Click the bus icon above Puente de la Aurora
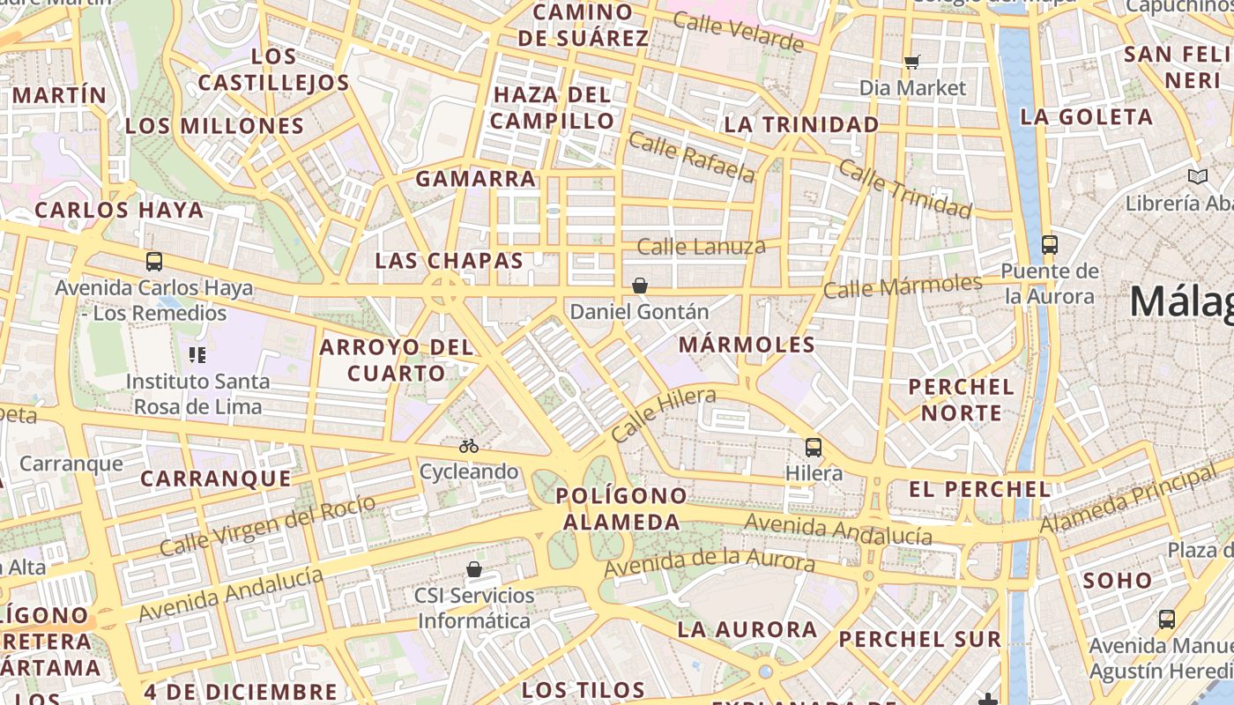point(1049,244)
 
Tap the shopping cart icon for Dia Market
point(912,62)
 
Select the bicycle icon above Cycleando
point(469,446)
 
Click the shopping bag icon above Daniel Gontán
point(640,286)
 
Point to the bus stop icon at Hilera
point(814,448)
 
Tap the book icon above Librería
point(1197,177)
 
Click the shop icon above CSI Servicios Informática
point(474,569)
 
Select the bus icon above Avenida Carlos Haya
point(154,261)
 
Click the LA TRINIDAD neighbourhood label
point(801,124)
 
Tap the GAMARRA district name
point(476,179)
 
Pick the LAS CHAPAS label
point(450,261)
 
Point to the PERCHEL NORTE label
point(961,399)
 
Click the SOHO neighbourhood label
point(1118,580)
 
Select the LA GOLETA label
point(1086,116)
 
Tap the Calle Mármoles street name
point(903,286)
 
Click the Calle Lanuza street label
point(701,246)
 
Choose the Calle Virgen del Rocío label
point(268,525)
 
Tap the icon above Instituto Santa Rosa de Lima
point(197,355)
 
